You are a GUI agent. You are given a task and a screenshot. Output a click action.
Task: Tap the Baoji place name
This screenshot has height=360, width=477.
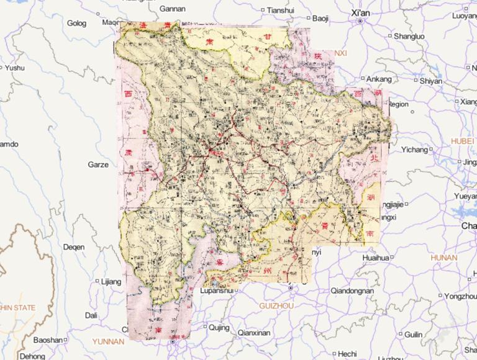pyautogui.click(x=320, y=19)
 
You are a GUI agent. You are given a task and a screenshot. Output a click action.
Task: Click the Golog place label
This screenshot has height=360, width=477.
pyautogui.click(x=77, y=23)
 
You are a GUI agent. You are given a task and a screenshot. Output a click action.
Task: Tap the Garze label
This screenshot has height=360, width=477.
pyautogui.click(x=98, y=165)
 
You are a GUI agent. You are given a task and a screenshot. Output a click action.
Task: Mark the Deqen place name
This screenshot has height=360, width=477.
pyautogui.click(x=73, y=247)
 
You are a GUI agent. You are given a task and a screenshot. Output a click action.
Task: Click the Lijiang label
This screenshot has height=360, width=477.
pyautogui.click(x=111, y=282)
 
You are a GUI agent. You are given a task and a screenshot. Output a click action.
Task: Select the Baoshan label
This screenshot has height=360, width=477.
pyautogui.click(x=48, y=340)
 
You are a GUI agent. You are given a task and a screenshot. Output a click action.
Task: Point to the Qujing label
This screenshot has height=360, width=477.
pyautogui.click(x=219, y=327)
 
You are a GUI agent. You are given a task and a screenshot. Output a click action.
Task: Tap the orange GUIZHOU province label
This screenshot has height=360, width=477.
pyautogui.click(x=276, y=306)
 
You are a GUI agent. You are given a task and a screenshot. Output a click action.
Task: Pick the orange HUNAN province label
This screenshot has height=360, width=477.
pyautogui.click(x=443, y=257)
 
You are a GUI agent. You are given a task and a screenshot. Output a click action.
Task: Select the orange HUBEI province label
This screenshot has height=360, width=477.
pyautogui.click(x=463, y=141)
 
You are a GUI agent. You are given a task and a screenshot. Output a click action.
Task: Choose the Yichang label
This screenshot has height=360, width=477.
pyautogui.click(x=415, y=150)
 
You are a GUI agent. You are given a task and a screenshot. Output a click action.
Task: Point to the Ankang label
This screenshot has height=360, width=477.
pyautogui.click(x=379, y=79)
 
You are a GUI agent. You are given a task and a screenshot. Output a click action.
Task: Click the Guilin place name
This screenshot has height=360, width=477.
pyautogui.click(x=413, y=335)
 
